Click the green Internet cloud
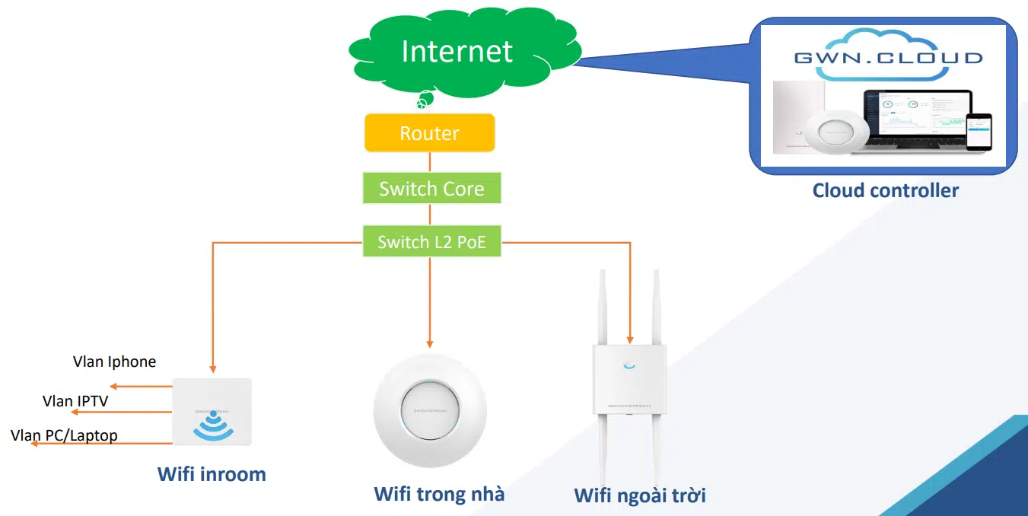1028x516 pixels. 457,52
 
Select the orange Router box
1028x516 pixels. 429,133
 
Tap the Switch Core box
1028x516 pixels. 431,189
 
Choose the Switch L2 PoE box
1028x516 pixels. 431,242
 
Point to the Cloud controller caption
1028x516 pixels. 885,190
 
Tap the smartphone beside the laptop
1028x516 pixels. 979,131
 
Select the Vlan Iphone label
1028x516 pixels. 114,362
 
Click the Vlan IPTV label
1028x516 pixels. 75,400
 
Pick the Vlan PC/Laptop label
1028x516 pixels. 65,435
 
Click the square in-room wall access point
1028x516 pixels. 212,412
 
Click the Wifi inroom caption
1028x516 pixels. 212,474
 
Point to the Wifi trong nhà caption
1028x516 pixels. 439,494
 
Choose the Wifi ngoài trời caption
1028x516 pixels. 640,496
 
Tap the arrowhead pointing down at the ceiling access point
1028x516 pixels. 430,343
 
